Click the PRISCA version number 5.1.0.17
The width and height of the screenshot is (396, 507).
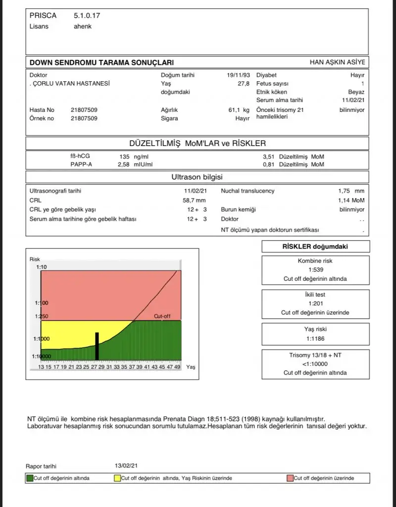click(87, 16)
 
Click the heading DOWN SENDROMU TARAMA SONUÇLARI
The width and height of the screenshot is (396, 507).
click(101, 63)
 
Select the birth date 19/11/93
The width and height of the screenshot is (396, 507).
click(238, 75)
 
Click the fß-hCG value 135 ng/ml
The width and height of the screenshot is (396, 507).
click(134, 156)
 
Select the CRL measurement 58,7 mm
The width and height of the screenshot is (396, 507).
click(194, 200)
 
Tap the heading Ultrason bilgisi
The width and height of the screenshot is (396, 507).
click(197, 177)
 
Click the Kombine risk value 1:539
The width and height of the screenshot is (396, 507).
click(315, 270)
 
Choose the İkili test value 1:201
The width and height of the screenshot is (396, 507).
click(315, 304)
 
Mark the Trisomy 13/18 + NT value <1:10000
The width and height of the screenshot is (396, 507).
click(315, 364)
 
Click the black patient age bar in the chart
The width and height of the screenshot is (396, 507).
click(97, 346)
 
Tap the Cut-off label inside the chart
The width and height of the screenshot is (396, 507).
click(162, 316)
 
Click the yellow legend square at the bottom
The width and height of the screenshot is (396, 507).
click(117, 478)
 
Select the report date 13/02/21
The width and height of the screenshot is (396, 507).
click(126, 466)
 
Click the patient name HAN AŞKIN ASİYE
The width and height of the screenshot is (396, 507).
click(337, 62)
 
